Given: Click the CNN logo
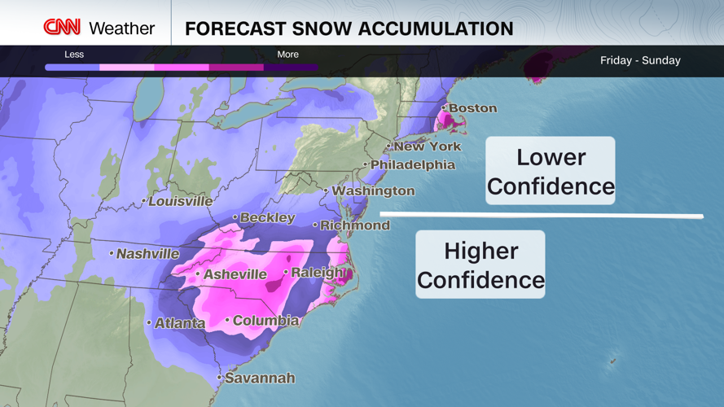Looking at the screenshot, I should click(x=62, y=28).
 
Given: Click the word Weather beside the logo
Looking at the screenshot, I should click(x=121, y=28).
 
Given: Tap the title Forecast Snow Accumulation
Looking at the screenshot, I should click(x=349, y=29).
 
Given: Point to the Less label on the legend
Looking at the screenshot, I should click(x=74, y=55).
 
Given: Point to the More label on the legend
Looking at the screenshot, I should click(x=287, y=55).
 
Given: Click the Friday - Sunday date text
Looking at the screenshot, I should click(x=640, y=60).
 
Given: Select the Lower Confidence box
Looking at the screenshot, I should click(x=551, y=171).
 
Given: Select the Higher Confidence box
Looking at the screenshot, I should click(x=480, y=265).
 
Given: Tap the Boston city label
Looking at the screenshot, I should click(x=472, y=108).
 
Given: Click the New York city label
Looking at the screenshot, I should click(x=427, y=147).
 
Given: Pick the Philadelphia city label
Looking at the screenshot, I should click(x=412, y=164).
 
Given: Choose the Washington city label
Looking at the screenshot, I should click(x=373, y=190).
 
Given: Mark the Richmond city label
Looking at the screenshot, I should click(x=354, y=225).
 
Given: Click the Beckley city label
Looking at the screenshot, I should click(x=268, y=217).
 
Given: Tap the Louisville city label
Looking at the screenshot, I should click(x=180, y=201).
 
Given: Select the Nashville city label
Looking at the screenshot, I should click(x=147, y=254).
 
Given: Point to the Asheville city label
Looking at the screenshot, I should click(x=235, y=274).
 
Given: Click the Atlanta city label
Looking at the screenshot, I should click(x=180, y=323).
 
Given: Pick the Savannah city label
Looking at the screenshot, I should click(x=260, y=378).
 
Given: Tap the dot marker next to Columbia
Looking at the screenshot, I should click(x=227, y=320).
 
